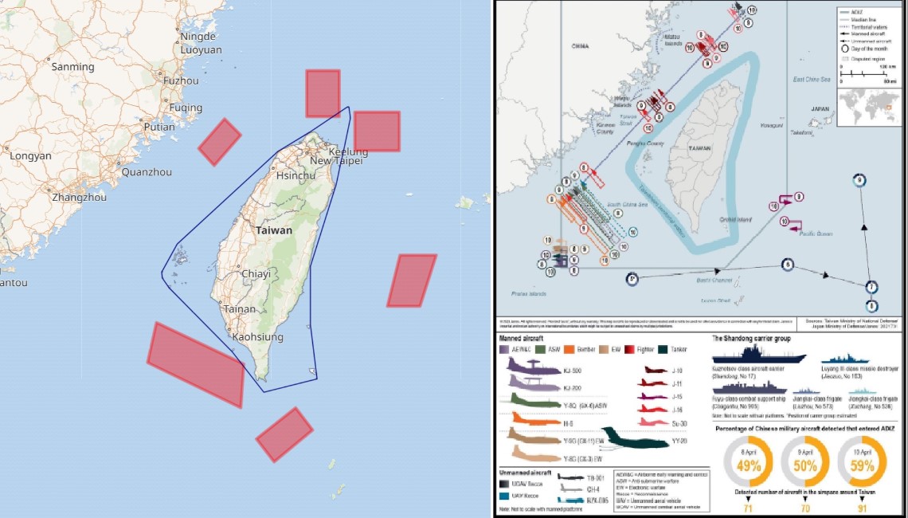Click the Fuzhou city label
pos(180,80)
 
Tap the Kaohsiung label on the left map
pos(257,337)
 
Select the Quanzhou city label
pos(147,171)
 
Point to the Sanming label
pos(72,67)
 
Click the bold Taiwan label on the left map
pos(273,230)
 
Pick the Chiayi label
pos(256,273)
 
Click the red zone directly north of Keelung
pos(323,93)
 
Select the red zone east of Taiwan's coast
pos(412,281)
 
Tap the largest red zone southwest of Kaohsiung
pos(196,364)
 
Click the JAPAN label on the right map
pos(820,108)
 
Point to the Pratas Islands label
pos(526,293)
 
